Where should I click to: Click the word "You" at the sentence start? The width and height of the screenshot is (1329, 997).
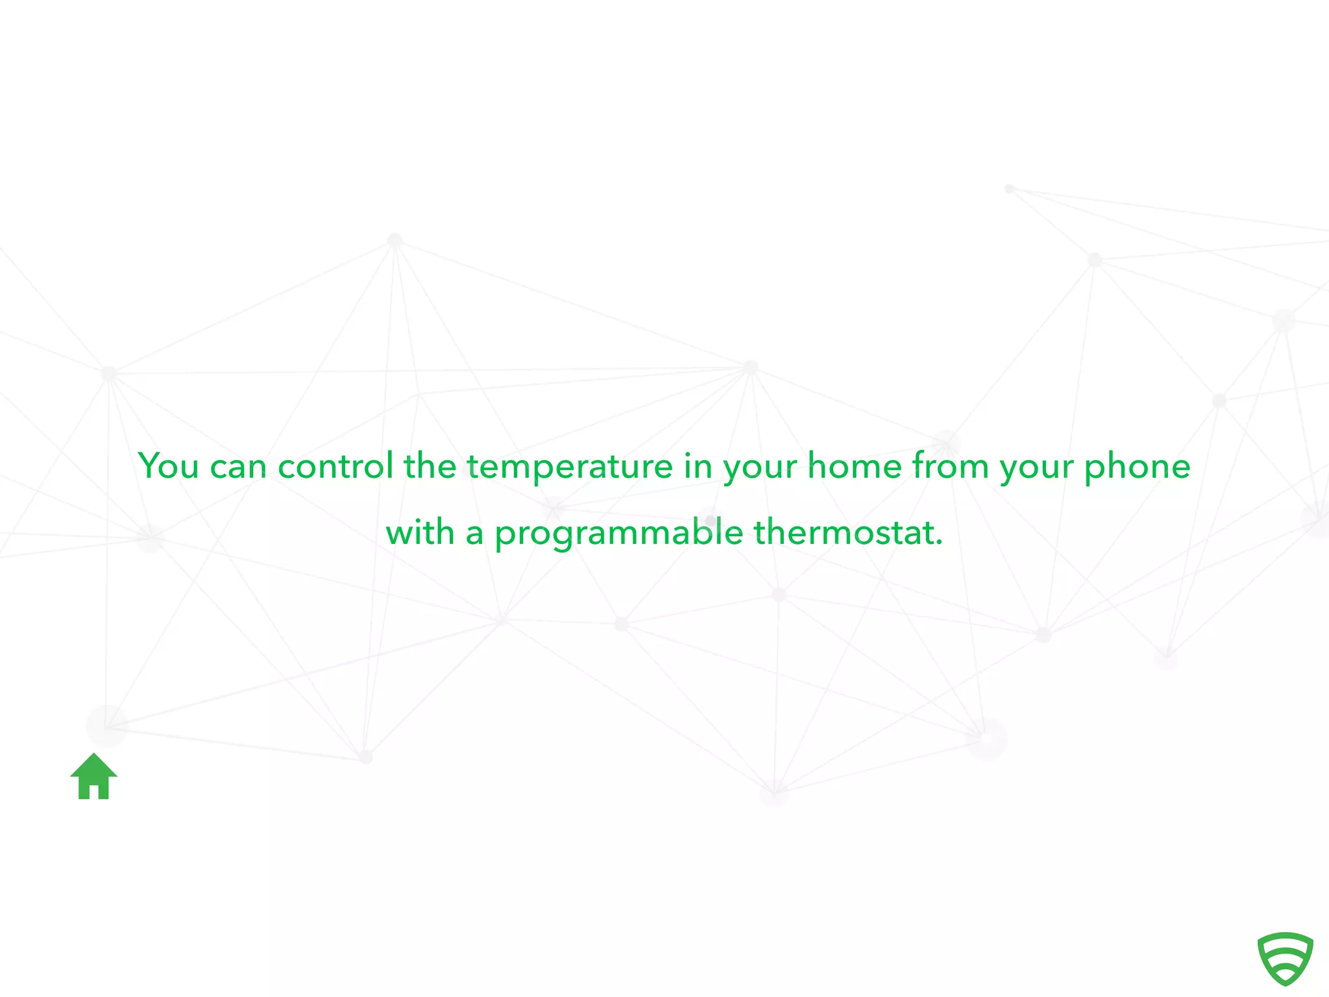pyautogui.click(x=168, y=466)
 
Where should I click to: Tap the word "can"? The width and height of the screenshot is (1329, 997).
pyautogui.click(x=238, y=467)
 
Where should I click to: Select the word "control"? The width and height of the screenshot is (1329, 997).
pyautogui.click(x=335, y=466)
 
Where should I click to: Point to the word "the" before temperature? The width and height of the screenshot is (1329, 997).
pyautogui.click(x=430, y=466)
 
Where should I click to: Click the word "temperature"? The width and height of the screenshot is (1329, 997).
pyautogui.click(x=570, y=467)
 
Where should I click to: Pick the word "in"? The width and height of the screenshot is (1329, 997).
pyautogui.click(x=698, y=466)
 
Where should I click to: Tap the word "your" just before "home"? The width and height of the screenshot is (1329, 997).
pyautogui.click(x=760, y=469)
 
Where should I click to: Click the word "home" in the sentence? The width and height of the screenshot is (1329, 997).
pyautogui.click(x=855, y=466)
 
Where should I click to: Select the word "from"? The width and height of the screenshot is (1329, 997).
pyautogui.click(x=951, y=466)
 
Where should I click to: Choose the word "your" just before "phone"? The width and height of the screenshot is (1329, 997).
pyautogui.click(x=1036, y=469)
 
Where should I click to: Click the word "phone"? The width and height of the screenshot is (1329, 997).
pyautogui.click(x=1138, y=467)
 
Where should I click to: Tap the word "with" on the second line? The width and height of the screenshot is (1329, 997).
pyautogui.click(x=420, y=532)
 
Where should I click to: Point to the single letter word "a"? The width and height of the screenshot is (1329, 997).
pyautogui.click(x=474, y=534)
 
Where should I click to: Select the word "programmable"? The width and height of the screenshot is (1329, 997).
pyautogui.click(x=619, y=534)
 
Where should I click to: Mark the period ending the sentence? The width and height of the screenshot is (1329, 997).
pyautogui.click(x=939, y=543)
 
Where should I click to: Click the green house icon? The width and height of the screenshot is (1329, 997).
pyautogui.click(x=94, y=776)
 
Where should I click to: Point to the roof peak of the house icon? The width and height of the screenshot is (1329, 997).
pyautogui.click(x=94, y=756)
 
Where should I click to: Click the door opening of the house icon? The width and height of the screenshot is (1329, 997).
pyautogui.click(x=94, y=792)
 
